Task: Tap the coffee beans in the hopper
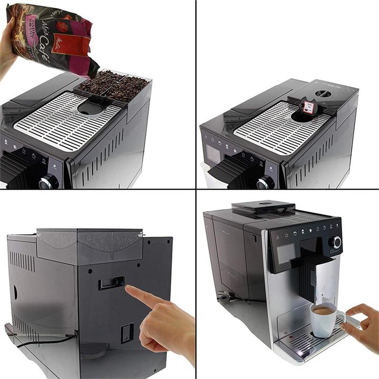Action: (x=113, y=84)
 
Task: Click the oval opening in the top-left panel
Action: (x=91, y=108)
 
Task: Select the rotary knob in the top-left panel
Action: (x=49, y=182)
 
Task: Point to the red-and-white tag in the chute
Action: (x=308, y=107)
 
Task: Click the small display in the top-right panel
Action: (x=214, y=153)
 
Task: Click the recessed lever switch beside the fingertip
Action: (x=112, y=283)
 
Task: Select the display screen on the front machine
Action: (x=286, y=253)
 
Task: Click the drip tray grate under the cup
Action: (x=308, y=342)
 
